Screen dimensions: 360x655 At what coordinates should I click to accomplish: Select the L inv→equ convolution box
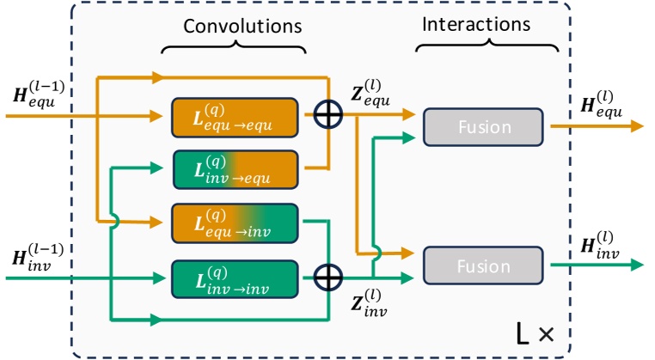point(234,168)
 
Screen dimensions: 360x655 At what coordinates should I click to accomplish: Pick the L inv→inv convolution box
point(234,276)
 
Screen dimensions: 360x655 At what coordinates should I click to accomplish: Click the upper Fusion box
point(483,126)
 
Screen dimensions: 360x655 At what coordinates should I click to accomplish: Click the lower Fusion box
point(483,265)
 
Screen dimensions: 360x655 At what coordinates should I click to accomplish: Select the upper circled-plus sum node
point(327,114)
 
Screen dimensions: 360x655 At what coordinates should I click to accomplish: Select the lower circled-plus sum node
point(327,278)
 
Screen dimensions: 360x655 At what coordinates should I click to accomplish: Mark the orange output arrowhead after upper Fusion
point(636,125)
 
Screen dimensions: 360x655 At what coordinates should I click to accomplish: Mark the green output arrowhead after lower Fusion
point(636,265)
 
